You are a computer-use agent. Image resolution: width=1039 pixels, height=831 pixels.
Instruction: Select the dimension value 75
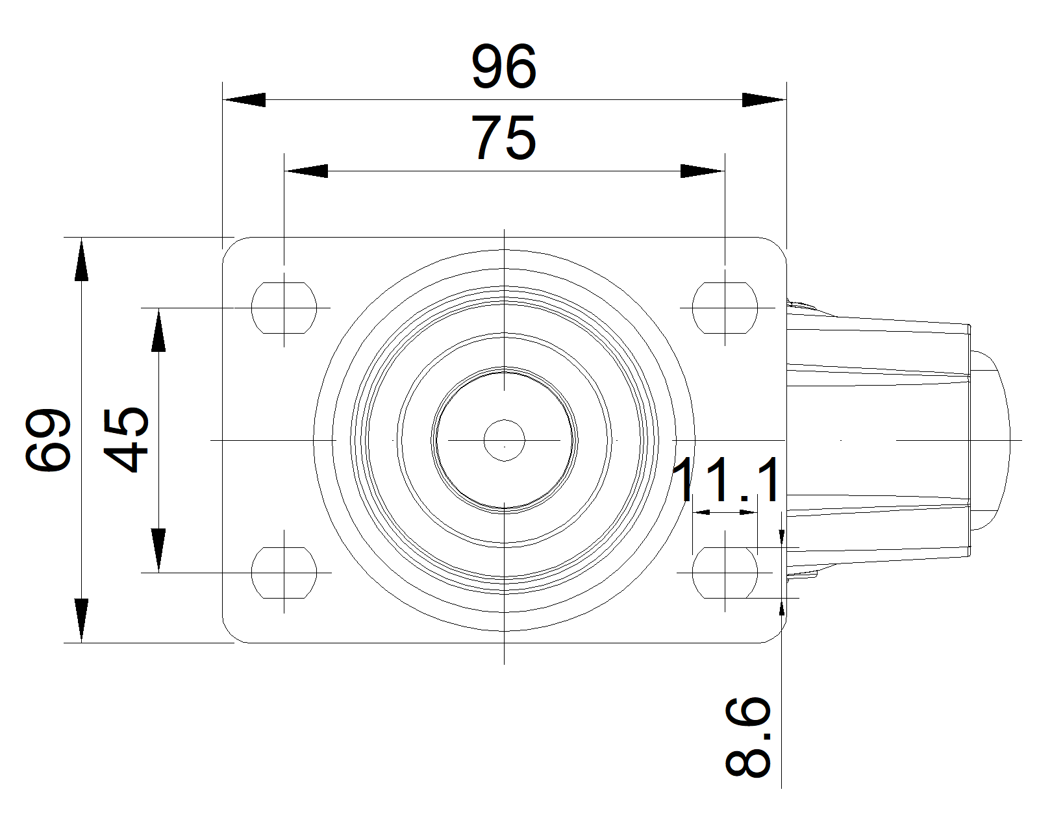504,138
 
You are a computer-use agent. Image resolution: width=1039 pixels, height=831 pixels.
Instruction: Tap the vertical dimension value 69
47,440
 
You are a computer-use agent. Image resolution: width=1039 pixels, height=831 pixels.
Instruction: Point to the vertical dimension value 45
127,440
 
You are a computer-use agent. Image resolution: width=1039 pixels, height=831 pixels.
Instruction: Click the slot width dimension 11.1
727,480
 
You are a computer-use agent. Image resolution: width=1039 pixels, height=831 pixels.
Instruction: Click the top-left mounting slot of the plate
284,308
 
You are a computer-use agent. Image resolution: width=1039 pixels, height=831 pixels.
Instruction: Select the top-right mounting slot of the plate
725,308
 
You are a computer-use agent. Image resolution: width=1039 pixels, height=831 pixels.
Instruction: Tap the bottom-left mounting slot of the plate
284,573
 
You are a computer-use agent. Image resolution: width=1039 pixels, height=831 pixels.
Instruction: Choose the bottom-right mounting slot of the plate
725,573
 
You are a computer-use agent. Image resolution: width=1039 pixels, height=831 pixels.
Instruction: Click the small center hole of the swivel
505,440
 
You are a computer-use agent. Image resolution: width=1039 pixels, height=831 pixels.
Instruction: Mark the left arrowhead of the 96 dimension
245,100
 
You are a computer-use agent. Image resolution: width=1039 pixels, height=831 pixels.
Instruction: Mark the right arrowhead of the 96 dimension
764,100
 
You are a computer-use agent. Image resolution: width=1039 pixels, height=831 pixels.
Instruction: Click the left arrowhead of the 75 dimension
307,171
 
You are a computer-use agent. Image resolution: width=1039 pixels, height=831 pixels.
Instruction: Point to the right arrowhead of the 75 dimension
701,171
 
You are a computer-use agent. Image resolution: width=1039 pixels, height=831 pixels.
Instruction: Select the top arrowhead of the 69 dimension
81,260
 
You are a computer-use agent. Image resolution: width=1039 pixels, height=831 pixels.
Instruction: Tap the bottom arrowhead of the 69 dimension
81,621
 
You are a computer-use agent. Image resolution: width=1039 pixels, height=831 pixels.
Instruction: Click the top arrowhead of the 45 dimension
158,330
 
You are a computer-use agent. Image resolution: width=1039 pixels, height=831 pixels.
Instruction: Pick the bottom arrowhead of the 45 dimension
158,551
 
